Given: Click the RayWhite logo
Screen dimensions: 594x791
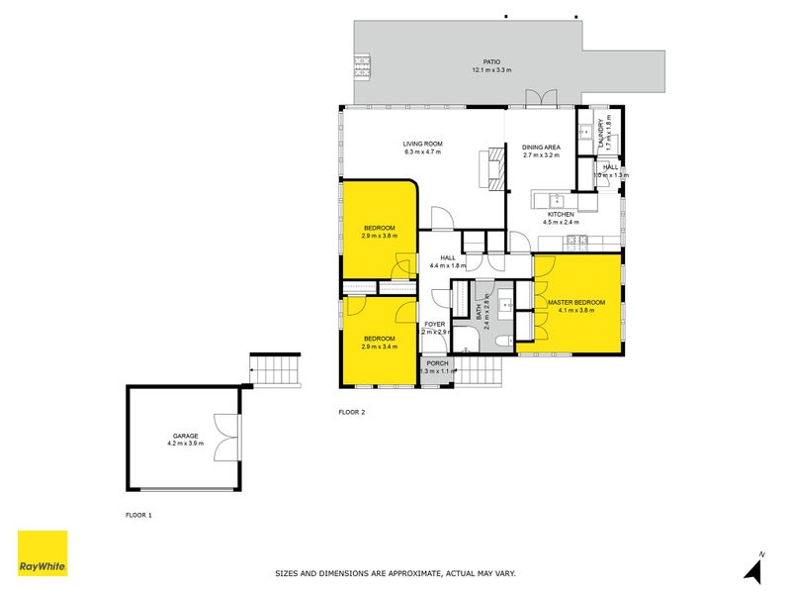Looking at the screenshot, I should pos(43,552).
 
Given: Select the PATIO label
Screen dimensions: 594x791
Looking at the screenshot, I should pos(483,61).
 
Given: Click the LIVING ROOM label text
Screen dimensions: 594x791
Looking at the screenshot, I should pos(422,144).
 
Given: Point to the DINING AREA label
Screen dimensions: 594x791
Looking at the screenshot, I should pos(541,147).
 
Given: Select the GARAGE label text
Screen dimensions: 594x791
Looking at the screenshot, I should pos(185,436).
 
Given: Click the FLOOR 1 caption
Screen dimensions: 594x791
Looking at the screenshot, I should pos(138,515).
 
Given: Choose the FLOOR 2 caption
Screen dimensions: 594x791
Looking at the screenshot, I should pos(352,411).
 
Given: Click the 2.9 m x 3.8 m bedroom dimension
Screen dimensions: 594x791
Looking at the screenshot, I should pos(379,237).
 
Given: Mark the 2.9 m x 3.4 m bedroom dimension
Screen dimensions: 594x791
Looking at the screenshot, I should pos(379,347).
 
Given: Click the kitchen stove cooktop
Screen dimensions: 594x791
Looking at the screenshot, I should pos(576,240).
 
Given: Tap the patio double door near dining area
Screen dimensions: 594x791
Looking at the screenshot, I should pos(541,97).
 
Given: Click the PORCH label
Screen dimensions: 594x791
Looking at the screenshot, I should pos(437,363).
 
